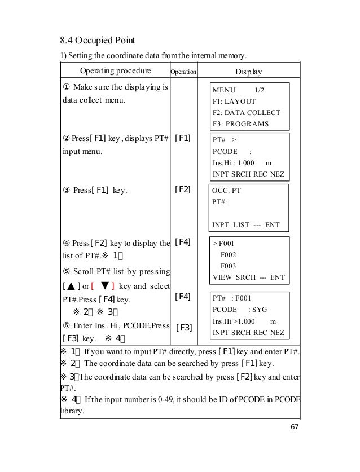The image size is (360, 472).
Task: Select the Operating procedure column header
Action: (115, 72)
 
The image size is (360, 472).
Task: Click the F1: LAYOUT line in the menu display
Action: (234, 102)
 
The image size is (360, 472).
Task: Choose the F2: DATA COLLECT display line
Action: (246, 113)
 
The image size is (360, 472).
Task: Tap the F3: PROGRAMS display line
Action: (240, 124)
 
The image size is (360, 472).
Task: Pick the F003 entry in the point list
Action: (228, 266)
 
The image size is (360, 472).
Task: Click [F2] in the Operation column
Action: (183, 191)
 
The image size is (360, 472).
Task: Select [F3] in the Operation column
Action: (183, 327)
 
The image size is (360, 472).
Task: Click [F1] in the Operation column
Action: (183, 138)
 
